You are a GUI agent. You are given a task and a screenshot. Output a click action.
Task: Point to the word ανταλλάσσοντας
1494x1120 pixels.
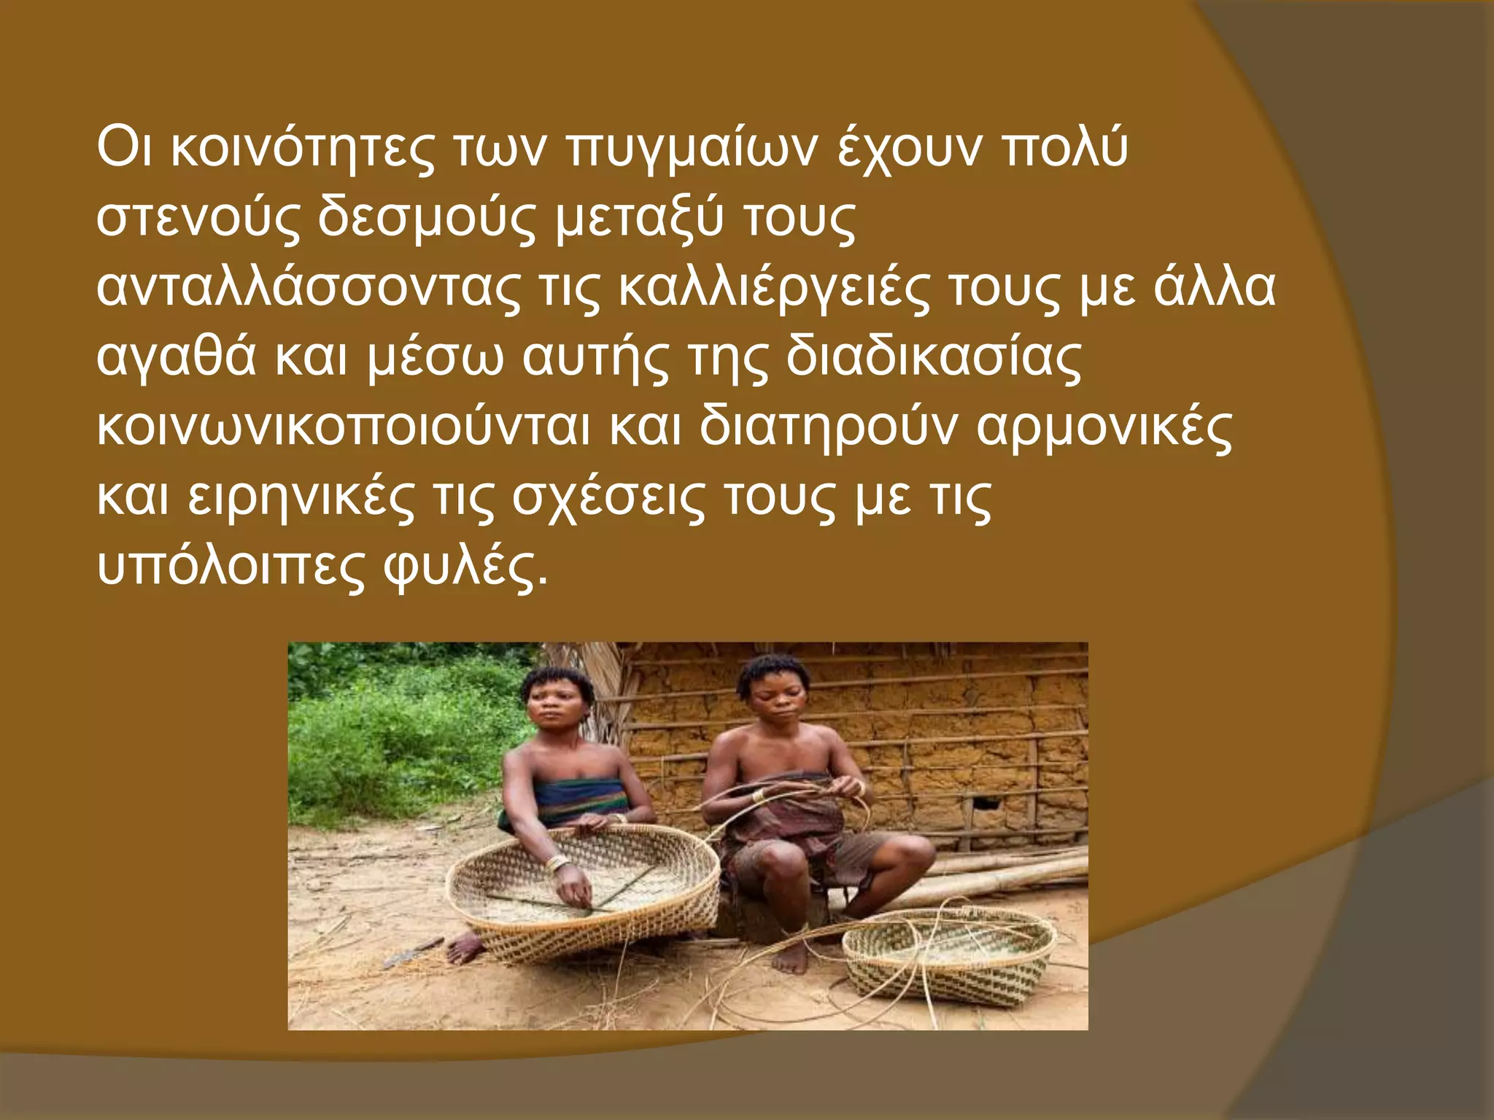click(308, 289)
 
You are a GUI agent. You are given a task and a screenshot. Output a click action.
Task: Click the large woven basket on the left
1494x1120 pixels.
click(584, 890)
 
